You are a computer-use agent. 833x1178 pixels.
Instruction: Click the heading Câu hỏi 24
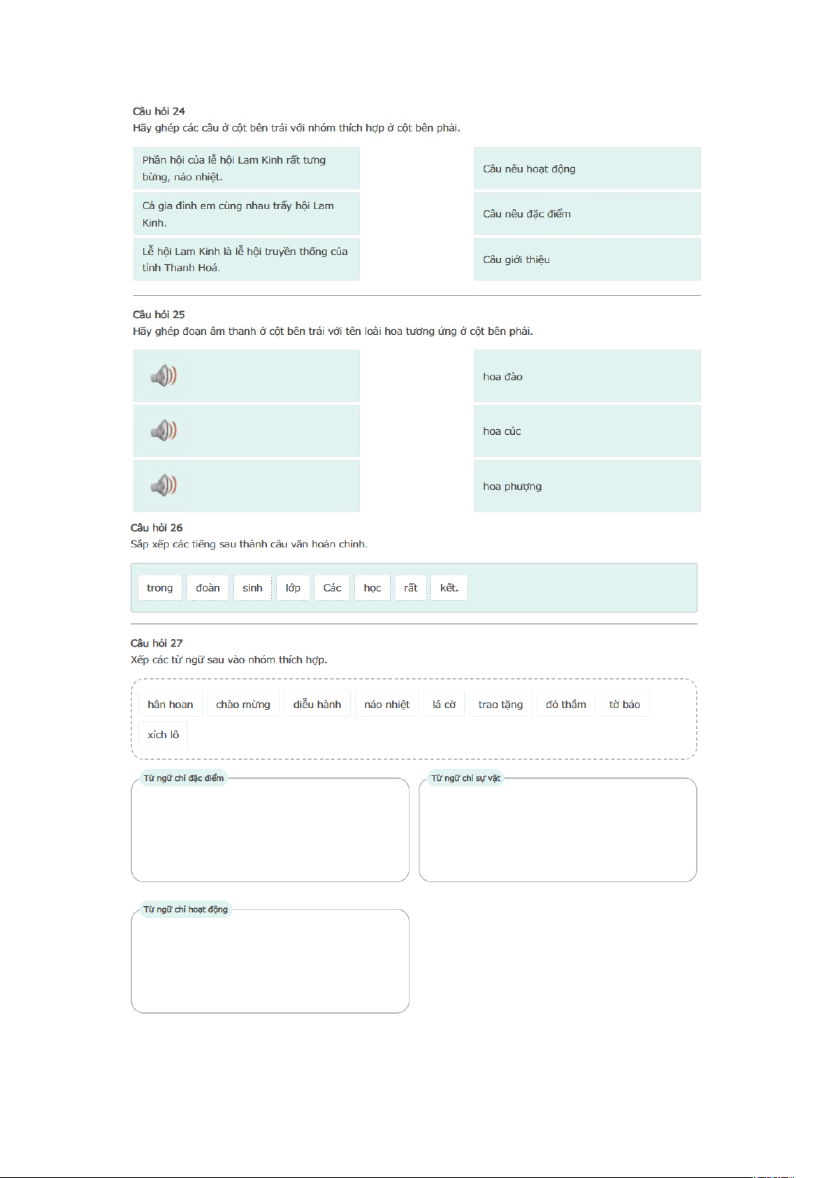[x=159, y=111]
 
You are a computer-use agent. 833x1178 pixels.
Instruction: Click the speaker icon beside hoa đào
[x=164, y=376]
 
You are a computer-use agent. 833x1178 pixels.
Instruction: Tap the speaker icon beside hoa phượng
[x=164, y=485]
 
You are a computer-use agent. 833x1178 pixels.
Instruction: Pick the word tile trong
[x=159, y=588]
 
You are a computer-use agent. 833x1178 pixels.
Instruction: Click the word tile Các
[x=332, y=588]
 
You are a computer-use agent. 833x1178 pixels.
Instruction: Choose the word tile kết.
[x=449, y=588]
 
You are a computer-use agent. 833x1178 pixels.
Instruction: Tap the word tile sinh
[x=252, y=588]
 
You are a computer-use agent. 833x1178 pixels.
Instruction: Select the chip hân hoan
[x=170, y=705]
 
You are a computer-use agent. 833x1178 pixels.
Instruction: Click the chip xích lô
[x=163, y=735]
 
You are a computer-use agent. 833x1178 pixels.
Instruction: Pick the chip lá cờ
[x=444, y=705]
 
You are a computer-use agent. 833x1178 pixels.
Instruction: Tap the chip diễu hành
[x=317, y=705]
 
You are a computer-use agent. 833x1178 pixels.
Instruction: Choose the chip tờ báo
[x=624, y=705]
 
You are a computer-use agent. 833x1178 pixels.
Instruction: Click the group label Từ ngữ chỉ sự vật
[x=465, y=778]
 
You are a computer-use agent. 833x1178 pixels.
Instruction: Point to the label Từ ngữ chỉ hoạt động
[x=185, y=910]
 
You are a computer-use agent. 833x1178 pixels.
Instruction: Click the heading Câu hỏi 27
[x=157, y=643]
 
